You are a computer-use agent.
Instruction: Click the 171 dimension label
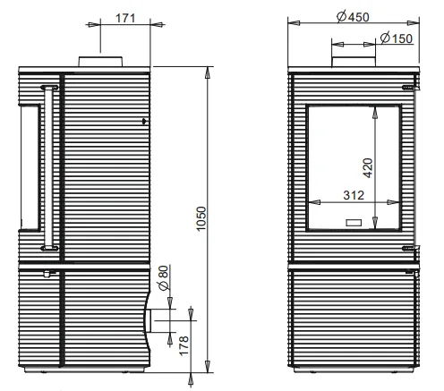pyautogui.click(x=125, y=18)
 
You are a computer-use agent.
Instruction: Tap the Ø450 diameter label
pyautogui.click(x=353, y=17)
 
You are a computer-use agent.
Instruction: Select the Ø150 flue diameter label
pyautogui.click(x=397, y=38)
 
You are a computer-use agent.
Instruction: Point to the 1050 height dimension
pyautogui.click(x=201, y=218)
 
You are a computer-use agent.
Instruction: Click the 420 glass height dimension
pyautogui.click(x=368, y=168)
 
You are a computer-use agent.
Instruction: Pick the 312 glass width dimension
pyautogui.click(x=354, y=195)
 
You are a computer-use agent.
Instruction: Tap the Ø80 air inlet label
pyautogui.click(x=164, y=277)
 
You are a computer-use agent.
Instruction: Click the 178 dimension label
pyautogui.click(x=184, y=345)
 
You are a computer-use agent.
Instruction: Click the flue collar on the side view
pyautogui.click(x=100, y=62)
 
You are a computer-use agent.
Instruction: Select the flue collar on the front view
pyautogui.click(x=354, y=62)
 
